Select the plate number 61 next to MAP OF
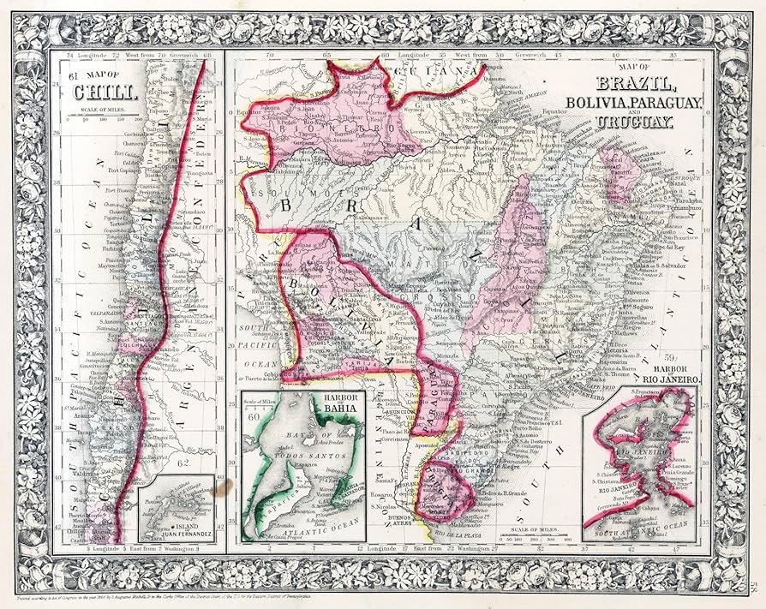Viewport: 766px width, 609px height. coord(73,75)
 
